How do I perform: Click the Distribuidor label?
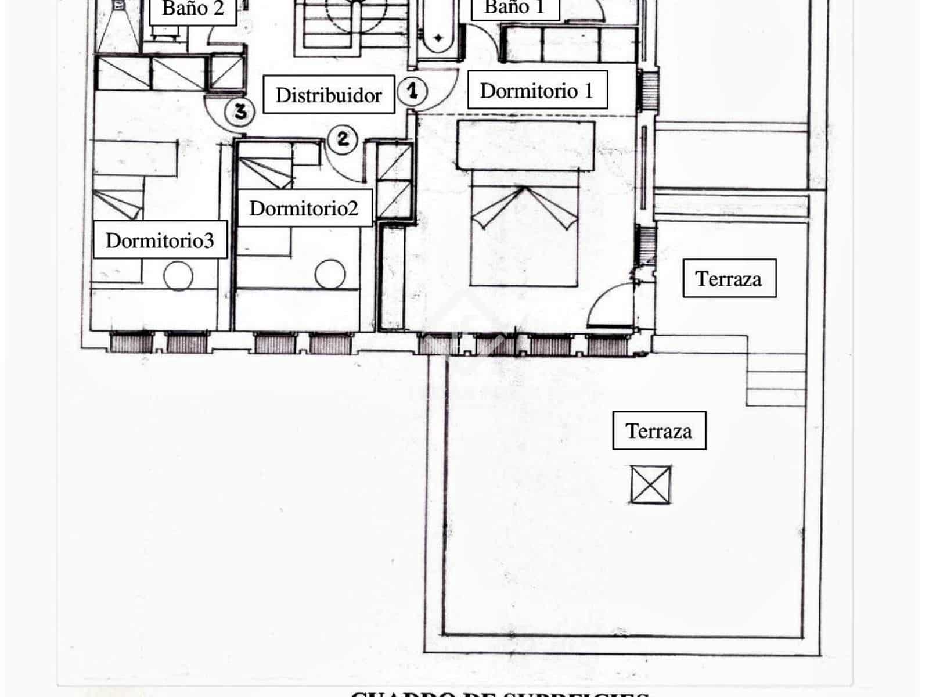coord(329,95)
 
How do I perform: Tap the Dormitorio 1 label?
coord(537,90)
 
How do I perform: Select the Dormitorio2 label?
coord(304,208)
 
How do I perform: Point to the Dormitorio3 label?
coord(160,240)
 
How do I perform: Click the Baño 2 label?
coord(193,9)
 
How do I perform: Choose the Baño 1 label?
coord(514,8)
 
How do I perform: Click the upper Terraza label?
coord(729,278)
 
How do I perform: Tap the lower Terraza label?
coord(659,430)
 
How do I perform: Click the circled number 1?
coord(412,91)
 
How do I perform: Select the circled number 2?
coord(343,139)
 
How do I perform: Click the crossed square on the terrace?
coord(651,484)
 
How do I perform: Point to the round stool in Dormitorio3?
coord(178,276)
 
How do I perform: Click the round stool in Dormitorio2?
coord(330,275)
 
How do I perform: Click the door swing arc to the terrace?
coord(610,305)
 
